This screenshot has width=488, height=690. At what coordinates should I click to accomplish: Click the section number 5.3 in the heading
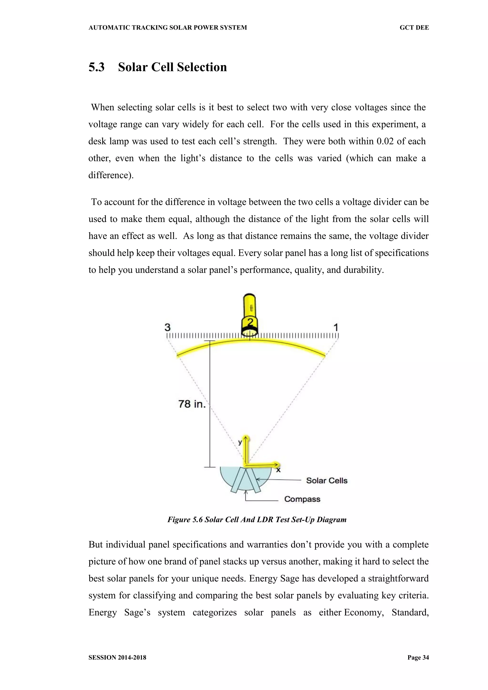tap(97, 67)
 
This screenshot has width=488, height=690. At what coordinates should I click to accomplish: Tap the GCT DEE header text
tap(414, 28)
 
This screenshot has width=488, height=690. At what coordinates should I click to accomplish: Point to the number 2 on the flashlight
tap(250, 322)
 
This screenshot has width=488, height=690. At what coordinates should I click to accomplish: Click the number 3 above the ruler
tap(167, 327)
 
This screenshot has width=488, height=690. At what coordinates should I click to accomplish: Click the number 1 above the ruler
tap(336, 327)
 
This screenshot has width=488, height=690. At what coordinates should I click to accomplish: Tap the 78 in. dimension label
tap(192, 404)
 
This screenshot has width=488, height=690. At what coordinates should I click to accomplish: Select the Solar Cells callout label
tap(326, 480)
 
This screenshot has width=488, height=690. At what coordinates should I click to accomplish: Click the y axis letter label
tap(240, 442)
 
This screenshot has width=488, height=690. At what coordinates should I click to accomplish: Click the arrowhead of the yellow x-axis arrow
tap(277, 465)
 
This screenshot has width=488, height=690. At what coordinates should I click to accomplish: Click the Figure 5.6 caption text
tap(257, 520)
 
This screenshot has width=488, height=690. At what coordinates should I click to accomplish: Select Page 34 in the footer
tap(418, 658)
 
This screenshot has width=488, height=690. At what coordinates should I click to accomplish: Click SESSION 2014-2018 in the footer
tap(117, 658)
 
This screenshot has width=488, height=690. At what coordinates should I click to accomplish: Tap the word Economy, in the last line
tap(364, 613)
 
